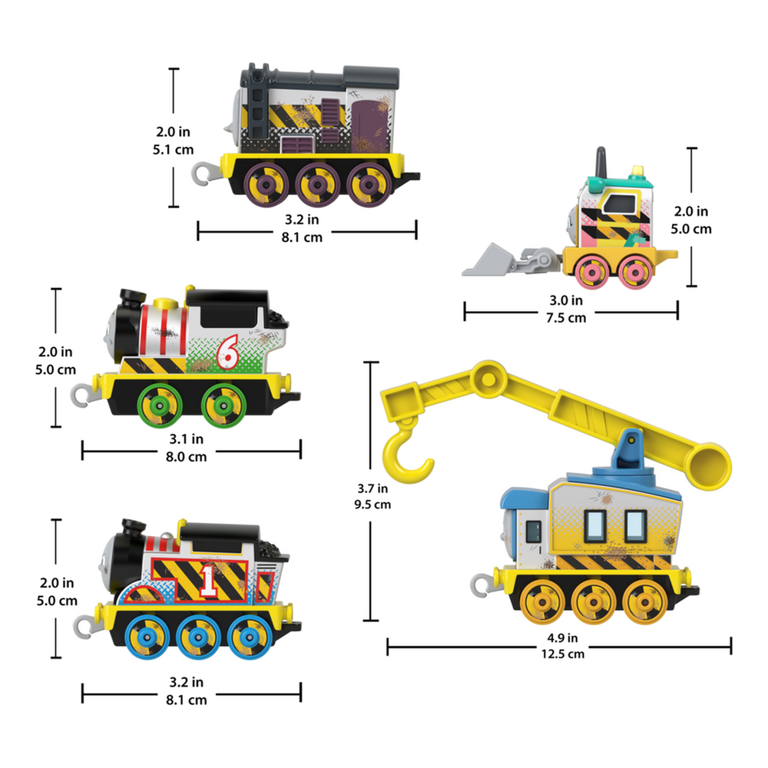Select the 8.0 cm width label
[x=186, y=455]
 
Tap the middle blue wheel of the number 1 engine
[x=196, y=635]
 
